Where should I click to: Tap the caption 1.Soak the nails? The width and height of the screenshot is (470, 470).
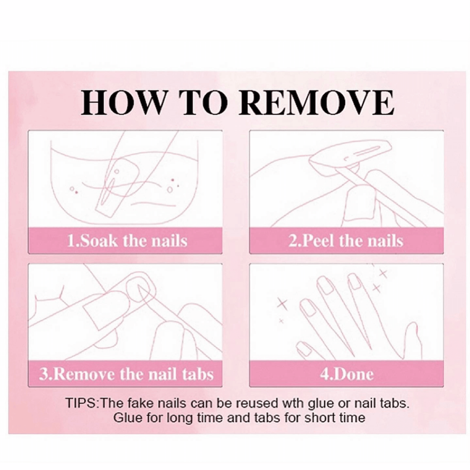point(127,241)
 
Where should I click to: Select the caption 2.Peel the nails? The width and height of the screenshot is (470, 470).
point(346,241)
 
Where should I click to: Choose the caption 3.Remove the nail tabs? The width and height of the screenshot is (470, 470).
point(126,374)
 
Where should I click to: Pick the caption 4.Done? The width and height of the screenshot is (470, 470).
point(346,374)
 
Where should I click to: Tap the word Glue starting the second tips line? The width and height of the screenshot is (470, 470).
point(128,417)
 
